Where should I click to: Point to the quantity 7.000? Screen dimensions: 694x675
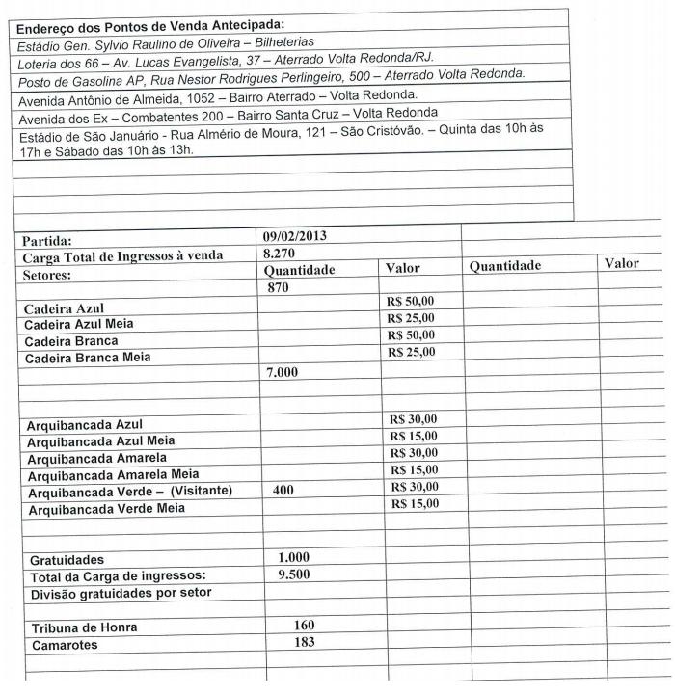pos(283,372)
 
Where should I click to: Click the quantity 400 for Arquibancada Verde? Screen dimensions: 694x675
pos(283,490)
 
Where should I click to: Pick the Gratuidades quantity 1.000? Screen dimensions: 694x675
pos(294,558)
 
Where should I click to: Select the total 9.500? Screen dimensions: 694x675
pos(294,574)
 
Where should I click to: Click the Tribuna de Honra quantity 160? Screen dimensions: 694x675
pos(305,626)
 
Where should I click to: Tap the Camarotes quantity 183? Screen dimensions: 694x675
pos(305,642)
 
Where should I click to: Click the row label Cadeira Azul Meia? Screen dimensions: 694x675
pos(79,325)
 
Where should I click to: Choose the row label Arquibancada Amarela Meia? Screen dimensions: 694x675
pos(113,474)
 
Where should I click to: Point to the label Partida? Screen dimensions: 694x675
pos(48,241)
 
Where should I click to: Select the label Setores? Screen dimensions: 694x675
pos(47,274)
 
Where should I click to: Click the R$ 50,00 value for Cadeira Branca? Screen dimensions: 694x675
pos(411,334)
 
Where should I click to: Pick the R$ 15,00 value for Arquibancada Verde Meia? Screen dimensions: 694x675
pos(414,503)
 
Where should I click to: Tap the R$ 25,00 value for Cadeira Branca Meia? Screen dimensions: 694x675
pos(411,352)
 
